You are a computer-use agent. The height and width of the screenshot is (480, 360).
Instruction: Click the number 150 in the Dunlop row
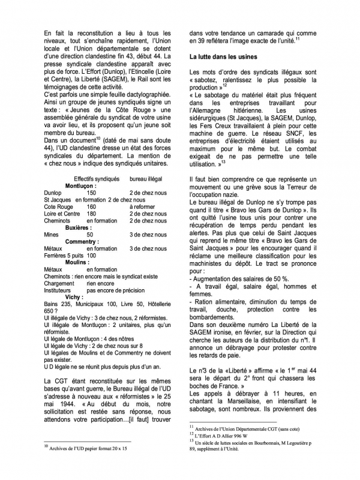point(91,193)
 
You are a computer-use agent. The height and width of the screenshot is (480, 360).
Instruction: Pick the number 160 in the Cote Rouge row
point(91,207)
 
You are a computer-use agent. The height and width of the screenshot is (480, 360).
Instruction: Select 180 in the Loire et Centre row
point(91,214)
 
